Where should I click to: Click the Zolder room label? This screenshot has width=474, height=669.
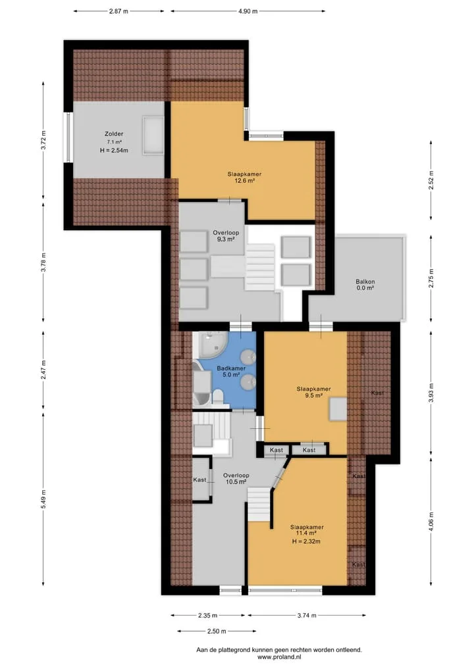[x=114, y=134]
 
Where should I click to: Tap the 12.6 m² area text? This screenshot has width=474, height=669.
[x=245, y=180]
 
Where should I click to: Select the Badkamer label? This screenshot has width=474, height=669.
[x=231, y=368]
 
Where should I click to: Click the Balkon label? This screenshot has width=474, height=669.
[x=365, y=282]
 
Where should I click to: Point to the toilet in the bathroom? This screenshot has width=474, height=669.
[x=218, y=397]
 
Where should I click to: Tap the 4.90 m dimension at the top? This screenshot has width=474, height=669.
[x=248, y=12]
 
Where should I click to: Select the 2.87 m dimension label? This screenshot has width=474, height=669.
[x=118, y=12]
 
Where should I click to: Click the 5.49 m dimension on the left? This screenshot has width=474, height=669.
[x=43, y=499]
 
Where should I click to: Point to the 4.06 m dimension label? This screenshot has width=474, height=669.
[x=431, y=522]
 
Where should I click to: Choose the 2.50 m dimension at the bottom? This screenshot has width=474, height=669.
[x=217, y=631]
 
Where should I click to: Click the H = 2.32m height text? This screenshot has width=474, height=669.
[x=306, y=541]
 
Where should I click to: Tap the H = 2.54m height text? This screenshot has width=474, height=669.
[x=114, y=150]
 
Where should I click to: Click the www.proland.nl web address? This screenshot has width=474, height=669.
[x=279, y=657]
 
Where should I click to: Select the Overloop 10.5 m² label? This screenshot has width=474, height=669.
[x=236, y=479]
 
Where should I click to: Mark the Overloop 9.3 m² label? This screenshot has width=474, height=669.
[x=226, y=236]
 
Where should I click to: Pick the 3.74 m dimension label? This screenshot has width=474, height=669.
[x=307, y=615]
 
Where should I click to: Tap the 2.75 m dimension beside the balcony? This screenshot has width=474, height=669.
[x=431, y=278]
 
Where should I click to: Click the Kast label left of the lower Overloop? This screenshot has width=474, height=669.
[x=199, y=480]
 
